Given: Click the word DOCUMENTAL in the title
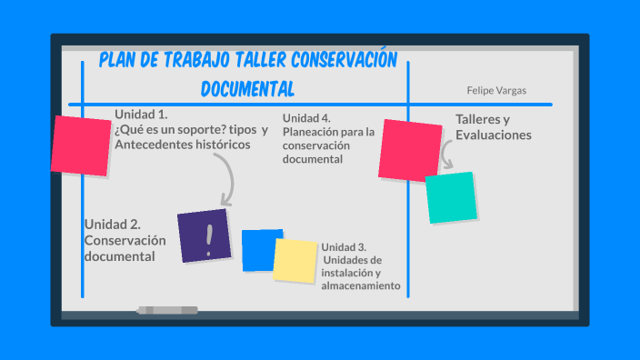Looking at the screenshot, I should pos(247,89).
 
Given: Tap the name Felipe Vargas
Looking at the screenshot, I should pos(496,91).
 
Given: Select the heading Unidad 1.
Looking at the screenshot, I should pos(141,115).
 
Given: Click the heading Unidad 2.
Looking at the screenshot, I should pos(112,224).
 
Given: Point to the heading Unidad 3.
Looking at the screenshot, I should pos(344,247).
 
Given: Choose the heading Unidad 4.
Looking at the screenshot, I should pos(306,118).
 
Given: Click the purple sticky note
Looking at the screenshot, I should pos(205,236).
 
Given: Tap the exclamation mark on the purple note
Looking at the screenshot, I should pos(210,239).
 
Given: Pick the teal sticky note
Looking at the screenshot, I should pos(452,197).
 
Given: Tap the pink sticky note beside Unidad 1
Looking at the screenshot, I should pos(81,145).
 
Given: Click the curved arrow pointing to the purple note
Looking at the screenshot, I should pos(225,178).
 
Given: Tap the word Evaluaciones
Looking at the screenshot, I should pos(494,135).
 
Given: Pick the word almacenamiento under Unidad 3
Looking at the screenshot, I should pos(361,285).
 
